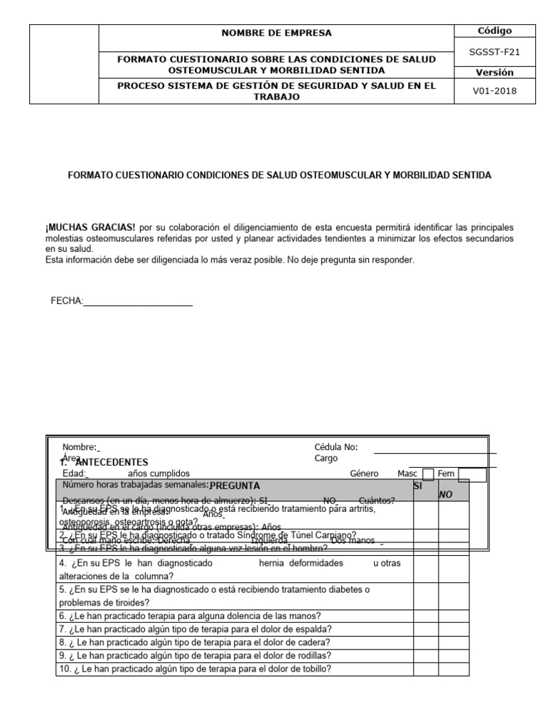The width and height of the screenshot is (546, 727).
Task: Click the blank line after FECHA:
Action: [x=139, y=301]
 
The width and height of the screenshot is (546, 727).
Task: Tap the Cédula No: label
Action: [x=336, y=447]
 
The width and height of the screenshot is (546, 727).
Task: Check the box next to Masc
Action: [x=428, y=474]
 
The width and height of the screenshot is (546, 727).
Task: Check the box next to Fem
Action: [x=472, y=474]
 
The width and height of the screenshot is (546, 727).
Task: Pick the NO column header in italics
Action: [x=446, y=494]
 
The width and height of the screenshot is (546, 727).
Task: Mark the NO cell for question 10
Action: [x=454, y=669]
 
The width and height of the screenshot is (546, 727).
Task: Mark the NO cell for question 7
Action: [x=454, y=629]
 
